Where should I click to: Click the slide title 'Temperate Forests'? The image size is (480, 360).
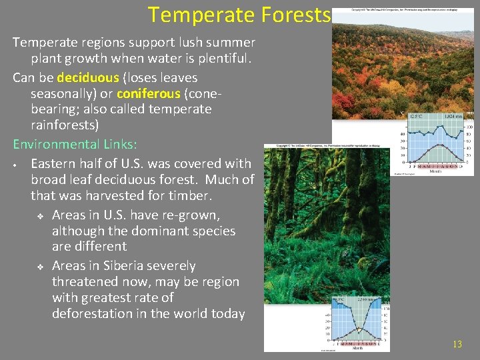(x=239, y=15)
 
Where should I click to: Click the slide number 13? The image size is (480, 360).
(x=457, y=344)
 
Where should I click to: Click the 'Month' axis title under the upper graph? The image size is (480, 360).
(x=435, y=171)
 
